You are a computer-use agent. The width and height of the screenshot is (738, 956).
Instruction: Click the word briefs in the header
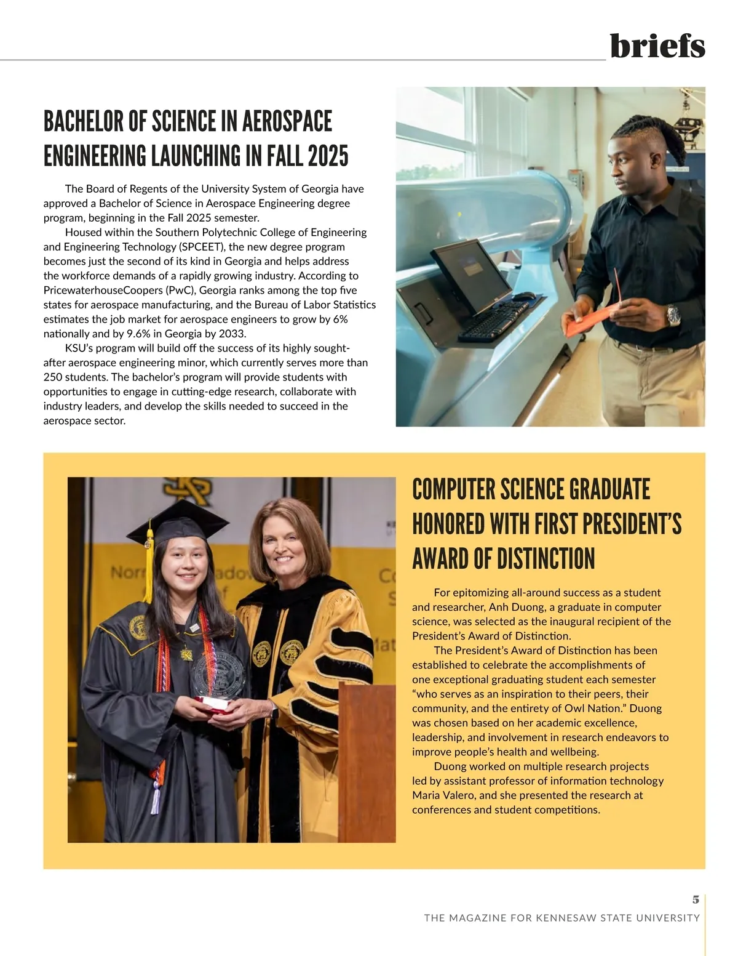coord(657,46)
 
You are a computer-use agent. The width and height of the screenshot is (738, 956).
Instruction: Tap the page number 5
coord(696,899)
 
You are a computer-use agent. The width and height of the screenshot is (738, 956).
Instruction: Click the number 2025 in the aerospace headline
coord(328,156)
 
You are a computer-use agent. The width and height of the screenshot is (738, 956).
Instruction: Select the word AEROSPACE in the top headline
coord(287,121)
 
